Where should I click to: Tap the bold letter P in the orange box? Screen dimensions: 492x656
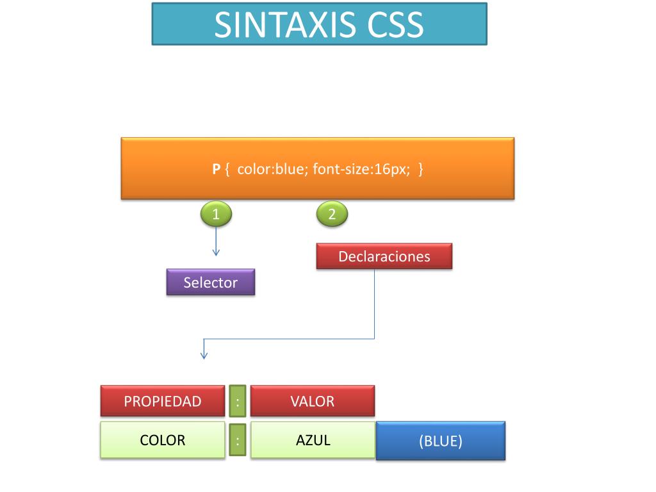(x=217, y=170)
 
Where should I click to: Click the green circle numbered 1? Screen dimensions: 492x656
(x=216, y=215)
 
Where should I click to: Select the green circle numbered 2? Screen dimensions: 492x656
(x=332, y=215)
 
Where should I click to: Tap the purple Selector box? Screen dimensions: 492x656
(x=211, y=283)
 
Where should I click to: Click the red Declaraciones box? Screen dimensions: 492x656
(x=384, y=256)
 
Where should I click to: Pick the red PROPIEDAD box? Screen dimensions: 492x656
(x=163, y=402)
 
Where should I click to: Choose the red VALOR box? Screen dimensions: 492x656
(x=312, y=402)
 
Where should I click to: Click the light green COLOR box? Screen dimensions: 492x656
(x=163, y=440)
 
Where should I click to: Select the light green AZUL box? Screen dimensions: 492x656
(x=313, y=440)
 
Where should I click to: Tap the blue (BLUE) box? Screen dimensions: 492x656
(x=441, y=441)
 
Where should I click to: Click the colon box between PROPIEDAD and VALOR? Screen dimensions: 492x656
(x=238, y=402)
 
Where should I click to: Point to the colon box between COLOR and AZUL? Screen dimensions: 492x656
(x=238, y=440)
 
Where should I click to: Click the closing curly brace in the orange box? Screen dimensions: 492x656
(x=420, y=170)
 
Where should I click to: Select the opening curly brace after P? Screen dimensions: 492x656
(x=227, y=170)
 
